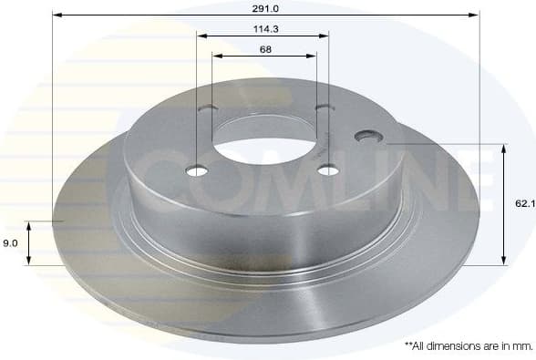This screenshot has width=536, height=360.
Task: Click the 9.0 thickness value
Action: [x=12, y=243]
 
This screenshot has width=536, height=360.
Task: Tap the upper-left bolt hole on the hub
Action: [x=209, y=109]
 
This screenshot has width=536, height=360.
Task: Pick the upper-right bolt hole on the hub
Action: [x=323, y=108]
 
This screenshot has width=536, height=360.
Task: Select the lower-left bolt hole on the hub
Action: [x=197, y=170]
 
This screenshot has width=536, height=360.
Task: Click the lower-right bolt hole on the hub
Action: [x=329, y=169]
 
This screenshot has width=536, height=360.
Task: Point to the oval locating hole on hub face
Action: [x=369, y=136]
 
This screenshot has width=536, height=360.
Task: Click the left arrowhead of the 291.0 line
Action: [x=57, y=15]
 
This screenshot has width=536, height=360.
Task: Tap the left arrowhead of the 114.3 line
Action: [x=202, y=36]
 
